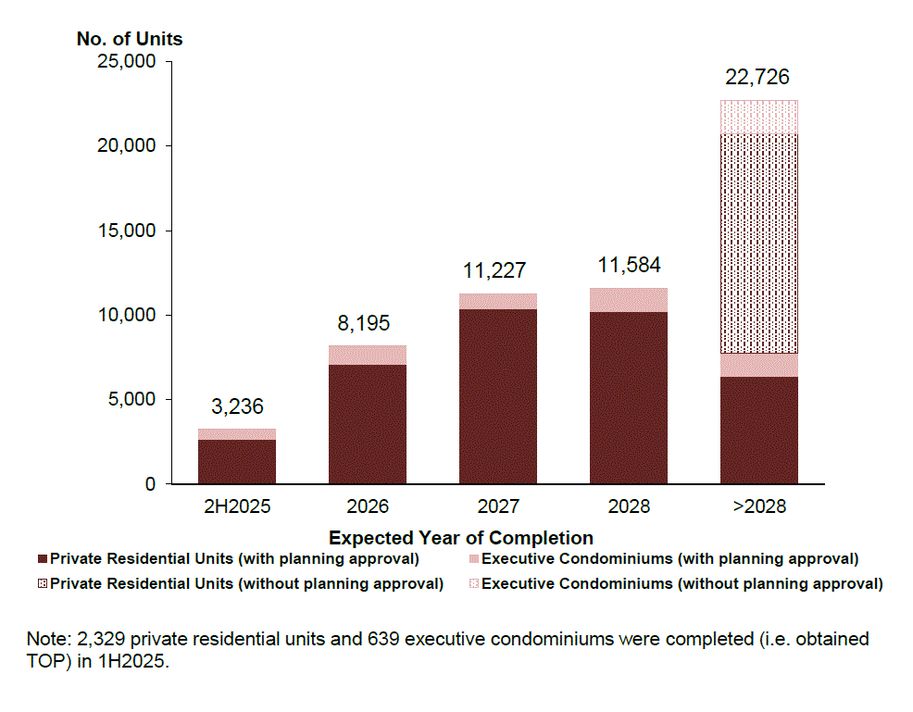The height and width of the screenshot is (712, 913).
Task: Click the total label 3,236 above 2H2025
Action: [236, 406]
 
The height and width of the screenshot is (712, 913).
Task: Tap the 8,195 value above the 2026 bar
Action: [367, 323]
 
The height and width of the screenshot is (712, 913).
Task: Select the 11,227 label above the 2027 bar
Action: [497, 270]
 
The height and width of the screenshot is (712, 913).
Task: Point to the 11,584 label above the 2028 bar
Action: [629, 265]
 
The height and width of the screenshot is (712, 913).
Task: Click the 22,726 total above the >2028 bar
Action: [758, 77]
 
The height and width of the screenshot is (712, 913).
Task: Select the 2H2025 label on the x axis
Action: [236, 507]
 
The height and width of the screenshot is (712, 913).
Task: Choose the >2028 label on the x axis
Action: [758, 507]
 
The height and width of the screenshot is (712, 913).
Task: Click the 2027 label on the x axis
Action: [497, 507]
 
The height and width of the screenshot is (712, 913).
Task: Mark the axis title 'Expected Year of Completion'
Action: [460, 538]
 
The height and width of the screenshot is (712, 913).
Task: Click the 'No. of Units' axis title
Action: [130, 39]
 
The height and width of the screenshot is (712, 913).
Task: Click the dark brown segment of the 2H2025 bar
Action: [236, 461]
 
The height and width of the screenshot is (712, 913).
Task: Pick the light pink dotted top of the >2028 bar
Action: [758, 117]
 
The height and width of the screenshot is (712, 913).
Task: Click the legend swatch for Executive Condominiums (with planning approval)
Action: [475, 560]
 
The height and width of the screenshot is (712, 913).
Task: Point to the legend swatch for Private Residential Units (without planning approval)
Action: [43, 585]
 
